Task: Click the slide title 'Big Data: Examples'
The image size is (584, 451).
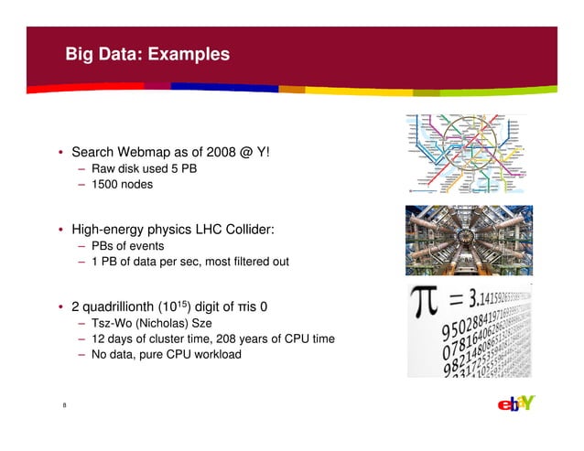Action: pyautogui.click(x=146, y=55)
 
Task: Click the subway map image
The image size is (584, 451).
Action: pyautogui.click(x=467, y=153)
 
